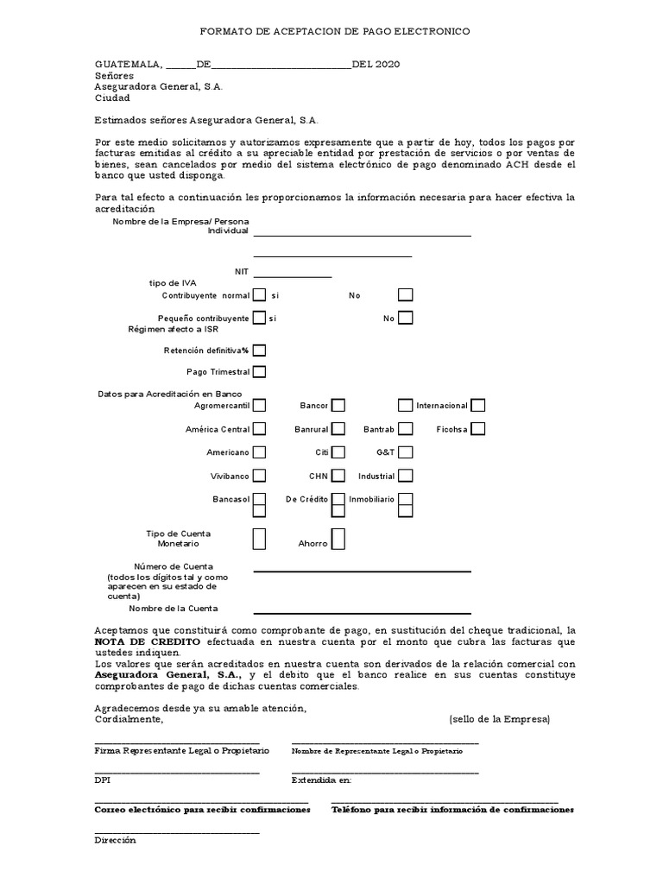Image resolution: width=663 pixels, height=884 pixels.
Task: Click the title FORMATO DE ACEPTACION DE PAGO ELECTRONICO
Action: click(335, 31)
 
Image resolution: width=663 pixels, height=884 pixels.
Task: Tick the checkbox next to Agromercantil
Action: click(259, 405)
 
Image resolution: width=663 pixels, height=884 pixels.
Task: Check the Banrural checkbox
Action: click(338, 428)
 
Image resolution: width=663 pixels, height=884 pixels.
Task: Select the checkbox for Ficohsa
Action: click(477, 428)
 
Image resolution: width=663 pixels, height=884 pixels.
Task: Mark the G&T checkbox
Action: click(405, 451)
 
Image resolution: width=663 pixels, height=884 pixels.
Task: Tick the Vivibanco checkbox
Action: click(259, 475)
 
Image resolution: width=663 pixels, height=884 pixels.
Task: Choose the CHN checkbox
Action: click(338, 475)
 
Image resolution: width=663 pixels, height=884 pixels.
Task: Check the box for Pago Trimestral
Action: click(259, 372)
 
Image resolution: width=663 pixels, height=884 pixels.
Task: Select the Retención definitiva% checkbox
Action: click(259, 350)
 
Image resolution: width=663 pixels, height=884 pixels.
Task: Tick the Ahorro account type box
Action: click(338, 540)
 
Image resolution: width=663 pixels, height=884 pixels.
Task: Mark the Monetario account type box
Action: click(259, 540)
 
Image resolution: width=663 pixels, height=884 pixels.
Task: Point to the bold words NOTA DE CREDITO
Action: click(147, 644)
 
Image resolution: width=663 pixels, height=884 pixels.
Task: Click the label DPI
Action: click(101, 780)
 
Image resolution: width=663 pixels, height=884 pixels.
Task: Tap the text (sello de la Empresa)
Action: click(499, 719)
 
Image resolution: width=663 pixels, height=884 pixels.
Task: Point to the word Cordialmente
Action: click(128, 719)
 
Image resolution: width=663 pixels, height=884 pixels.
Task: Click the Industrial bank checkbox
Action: click(405, 475)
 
